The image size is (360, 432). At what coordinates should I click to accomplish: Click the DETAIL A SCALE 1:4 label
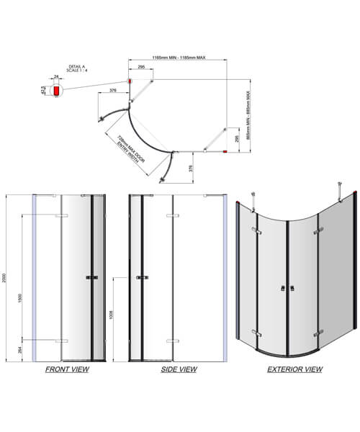(75, 68)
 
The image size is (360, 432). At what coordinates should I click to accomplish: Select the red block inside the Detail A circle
(55, 92)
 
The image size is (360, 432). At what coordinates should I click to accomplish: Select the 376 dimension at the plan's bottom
(189, 168)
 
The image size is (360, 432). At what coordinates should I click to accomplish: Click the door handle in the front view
(90, 278)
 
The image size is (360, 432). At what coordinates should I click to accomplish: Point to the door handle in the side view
(142, 278)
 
